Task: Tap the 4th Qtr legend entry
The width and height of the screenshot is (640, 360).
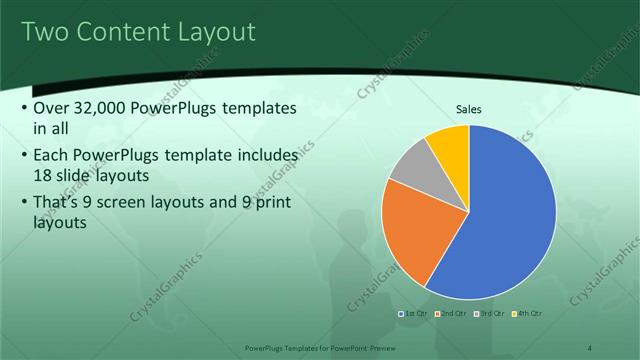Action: point(527,314)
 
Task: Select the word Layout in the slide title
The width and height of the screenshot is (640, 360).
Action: point(217,32)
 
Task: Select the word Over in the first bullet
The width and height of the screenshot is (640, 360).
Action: point(51,108)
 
